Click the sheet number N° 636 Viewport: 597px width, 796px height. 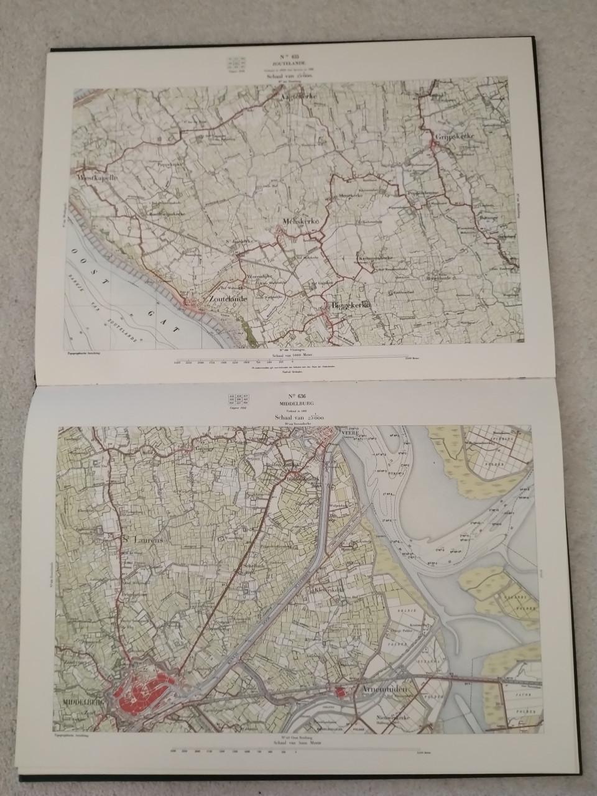[x=298, y=396]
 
